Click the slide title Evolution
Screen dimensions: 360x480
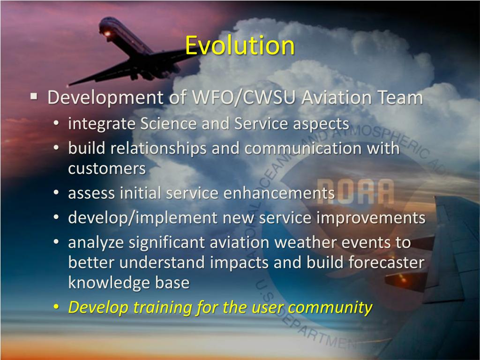[x=240, y=46]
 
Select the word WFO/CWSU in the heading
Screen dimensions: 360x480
[x=244, y=97]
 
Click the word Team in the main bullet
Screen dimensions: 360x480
[x=399, y=97]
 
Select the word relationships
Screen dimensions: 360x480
[x=160, y=149]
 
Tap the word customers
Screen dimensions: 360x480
[x=107, y=168]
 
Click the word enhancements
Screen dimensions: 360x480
[x=278, y=193]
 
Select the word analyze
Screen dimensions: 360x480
[x=96, y=242]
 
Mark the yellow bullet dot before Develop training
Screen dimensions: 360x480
[x=56, y=307]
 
